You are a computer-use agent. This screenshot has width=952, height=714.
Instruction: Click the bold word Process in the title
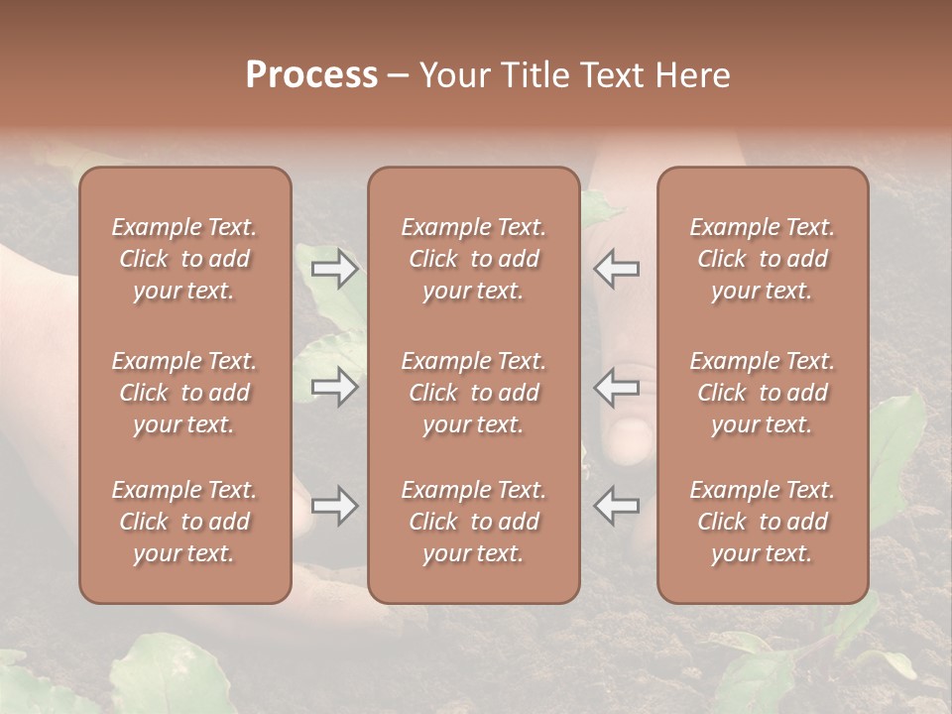point(311,74)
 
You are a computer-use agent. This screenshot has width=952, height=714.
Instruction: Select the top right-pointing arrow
point(335,268)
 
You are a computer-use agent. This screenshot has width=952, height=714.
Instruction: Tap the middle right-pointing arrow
point(335,386)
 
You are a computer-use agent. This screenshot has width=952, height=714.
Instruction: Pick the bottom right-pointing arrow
point(335,507)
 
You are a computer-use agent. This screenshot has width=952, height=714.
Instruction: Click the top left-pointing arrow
point(617,268)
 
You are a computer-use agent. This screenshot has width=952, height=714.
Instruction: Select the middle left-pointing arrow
point(617,386)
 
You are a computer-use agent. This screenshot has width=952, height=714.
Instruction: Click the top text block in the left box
point(184,259)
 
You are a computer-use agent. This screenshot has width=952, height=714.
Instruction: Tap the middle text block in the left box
point(184,393)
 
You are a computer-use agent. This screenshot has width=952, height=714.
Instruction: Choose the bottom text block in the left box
point(184,522)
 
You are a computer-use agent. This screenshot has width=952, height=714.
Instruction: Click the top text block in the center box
point(473,259)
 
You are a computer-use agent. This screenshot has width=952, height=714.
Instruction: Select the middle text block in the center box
point(473,393)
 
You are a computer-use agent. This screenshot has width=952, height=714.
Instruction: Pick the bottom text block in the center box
point(473,522)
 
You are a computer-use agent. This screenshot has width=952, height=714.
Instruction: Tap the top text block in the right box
point(763,259)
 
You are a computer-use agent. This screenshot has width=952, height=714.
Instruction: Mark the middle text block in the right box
point(763,393)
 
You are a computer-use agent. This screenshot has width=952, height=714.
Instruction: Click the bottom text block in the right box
point(763,522)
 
